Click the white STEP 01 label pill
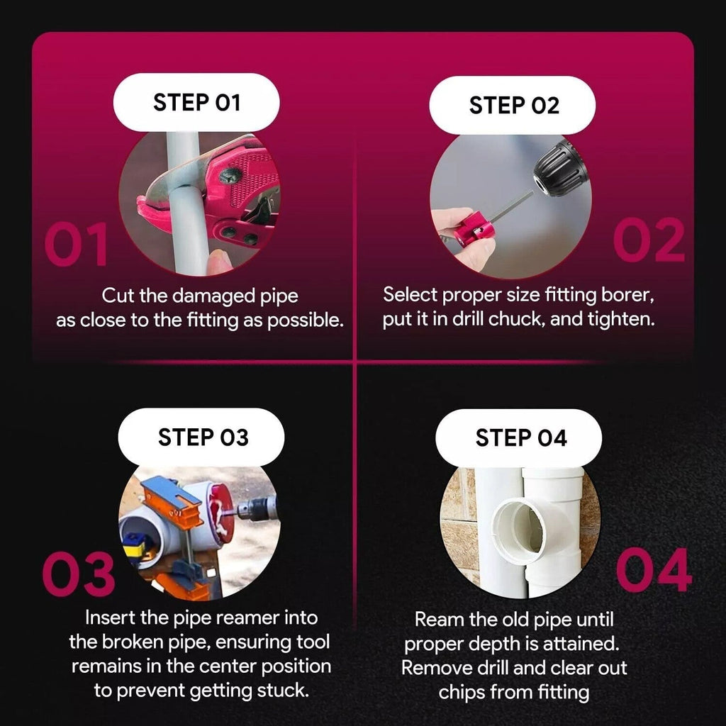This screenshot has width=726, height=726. (196, 102)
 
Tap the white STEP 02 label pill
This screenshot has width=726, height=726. (513, 106)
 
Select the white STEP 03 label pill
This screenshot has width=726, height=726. (201, 437)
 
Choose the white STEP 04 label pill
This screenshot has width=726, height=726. (519, 438)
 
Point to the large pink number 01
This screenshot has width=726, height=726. (77, 244)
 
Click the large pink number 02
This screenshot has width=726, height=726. (649, 240)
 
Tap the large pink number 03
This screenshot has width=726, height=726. (78, 574)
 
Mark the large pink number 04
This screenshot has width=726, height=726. (654, 570)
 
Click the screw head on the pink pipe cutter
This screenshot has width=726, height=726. (229, 176)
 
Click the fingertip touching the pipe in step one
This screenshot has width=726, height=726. (218, 262)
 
